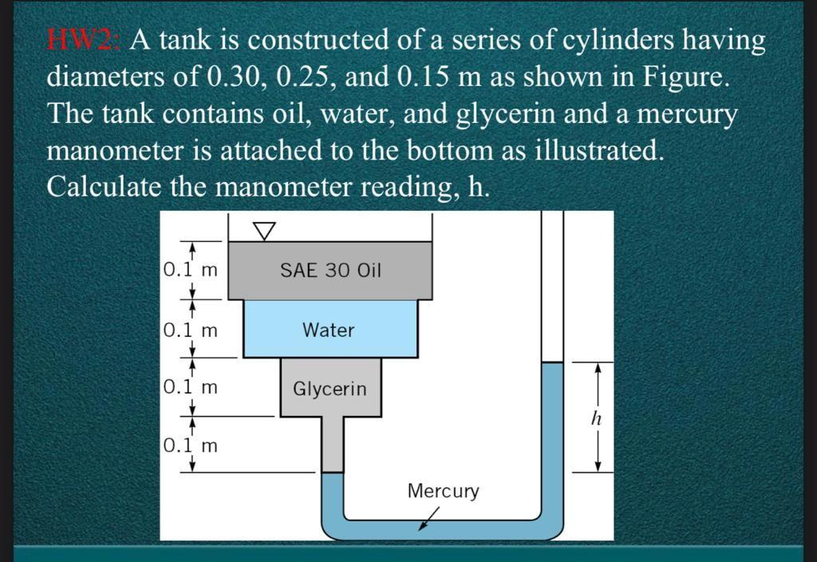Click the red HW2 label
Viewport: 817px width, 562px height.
pos(85,40)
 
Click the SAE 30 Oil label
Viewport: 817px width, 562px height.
pos(331,270)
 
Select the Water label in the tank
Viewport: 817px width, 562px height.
pos(328,330)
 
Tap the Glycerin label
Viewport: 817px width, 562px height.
pos(330,389)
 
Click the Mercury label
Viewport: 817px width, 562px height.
pos(443,491)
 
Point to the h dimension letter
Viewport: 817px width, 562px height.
pos(597,418)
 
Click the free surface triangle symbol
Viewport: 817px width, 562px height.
pos(264,231)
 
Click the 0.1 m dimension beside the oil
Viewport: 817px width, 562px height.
pos(190,270)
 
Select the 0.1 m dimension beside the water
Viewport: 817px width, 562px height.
pos(190,330)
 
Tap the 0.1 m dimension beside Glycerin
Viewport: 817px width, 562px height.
pos(190,387)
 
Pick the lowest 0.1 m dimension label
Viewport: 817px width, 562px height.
pos(190,445)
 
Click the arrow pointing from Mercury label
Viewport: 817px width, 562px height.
pos(428,519)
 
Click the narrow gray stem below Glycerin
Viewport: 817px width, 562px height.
pos(333,445)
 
